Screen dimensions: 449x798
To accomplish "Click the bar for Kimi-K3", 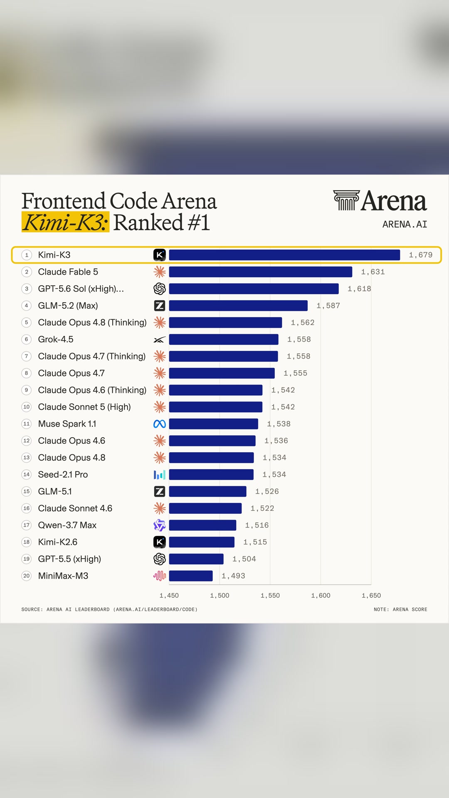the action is pos(284,255).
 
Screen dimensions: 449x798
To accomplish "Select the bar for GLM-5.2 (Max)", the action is pos(238,305).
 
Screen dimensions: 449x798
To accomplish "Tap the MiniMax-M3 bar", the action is pos(191,576).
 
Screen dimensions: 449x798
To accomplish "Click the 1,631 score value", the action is pos(373,272).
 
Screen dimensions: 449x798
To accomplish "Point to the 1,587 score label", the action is pos(328,305).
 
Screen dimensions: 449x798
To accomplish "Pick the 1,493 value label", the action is pos(233,576).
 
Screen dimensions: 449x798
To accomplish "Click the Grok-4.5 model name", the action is pos(56,339).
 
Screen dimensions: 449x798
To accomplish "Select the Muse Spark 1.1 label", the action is pos(67,424).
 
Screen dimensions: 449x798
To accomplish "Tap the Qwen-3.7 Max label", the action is pos(67,525).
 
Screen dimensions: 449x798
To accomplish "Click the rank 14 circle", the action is pos(27,474).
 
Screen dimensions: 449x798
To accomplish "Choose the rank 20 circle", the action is pos(27,576).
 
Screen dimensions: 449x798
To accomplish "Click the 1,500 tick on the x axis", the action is pos(220,596).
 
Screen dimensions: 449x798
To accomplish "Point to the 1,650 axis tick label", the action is pos(371,596).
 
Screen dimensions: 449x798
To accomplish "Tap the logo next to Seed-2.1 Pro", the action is pos(160,474).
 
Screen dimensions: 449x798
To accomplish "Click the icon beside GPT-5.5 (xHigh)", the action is pos(160,559).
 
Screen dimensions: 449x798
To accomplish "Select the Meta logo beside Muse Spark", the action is pos(160,424).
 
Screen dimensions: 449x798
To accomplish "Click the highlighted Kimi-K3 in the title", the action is pos(65,222).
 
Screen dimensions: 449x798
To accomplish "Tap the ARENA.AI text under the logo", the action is pos(405,224).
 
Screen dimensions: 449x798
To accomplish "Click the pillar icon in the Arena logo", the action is pos(346,200).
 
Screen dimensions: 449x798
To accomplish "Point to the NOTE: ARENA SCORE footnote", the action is pos(400,609).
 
